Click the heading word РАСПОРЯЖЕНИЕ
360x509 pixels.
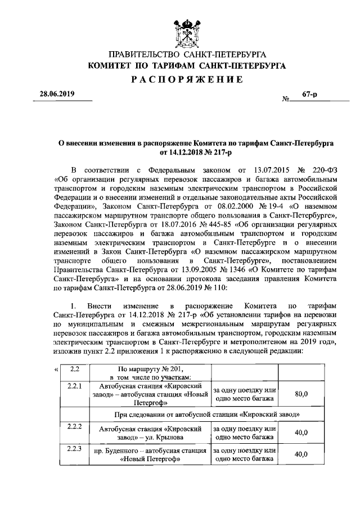187,80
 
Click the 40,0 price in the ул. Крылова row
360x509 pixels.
301,433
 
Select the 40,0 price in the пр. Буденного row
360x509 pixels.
301,454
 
